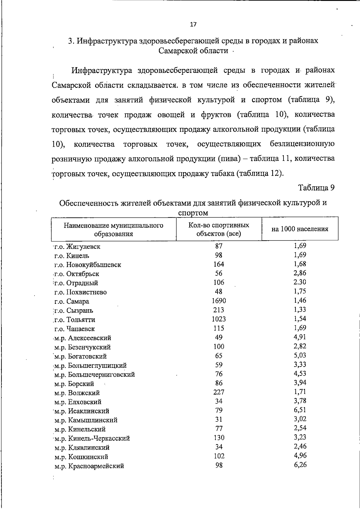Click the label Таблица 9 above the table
[x=316, y=188]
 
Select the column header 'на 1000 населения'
[x=300, y=229]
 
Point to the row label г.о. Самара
[x=72, y=301]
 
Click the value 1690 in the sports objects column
[x=219, y=301]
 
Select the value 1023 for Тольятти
[x=219, y=319]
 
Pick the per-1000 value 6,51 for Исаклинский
[x=300, y=410]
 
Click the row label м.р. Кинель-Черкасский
[x=92, y=439]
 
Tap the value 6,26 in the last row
[x=300, y=465]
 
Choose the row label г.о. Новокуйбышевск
[x=88, y=265]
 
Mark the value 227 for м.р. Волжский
[x=219, y=392]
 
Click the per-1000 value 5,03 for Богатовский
[x=300, y=355]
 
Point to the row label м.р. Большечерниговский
[x=94, y=375]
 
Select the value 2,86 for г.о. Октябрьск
[x=300, y=273]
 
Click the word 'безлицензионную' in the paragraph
[x=302, y=144]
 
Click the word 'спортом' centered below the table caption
[x=193, y=213]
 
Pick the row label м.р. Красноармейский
[x=89, y=466]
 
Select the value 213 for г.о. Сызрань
[x=219, y=310]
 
